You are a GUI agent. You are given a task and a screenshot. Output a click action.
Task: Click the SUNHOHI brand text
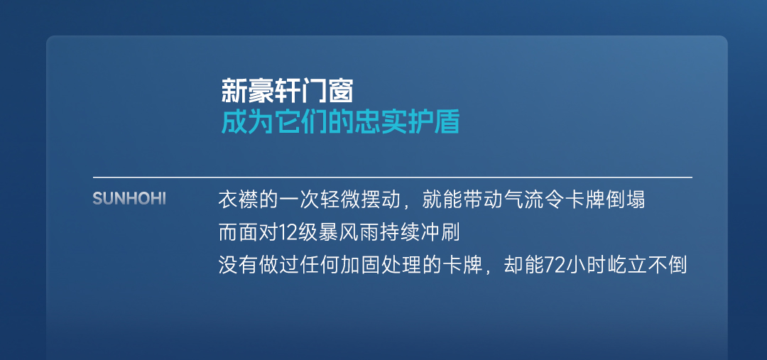click(x=129, y=199)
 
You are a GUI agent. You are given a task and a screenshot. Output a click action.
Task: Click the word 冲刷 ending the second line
click(x=443, y=234)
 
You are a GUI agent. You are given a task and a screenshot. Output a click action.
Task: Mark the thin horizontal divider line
click(x=392, y=177)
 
